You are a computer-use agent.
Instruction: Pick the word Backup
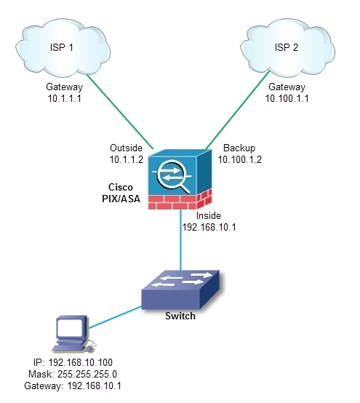pos(239,145)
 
